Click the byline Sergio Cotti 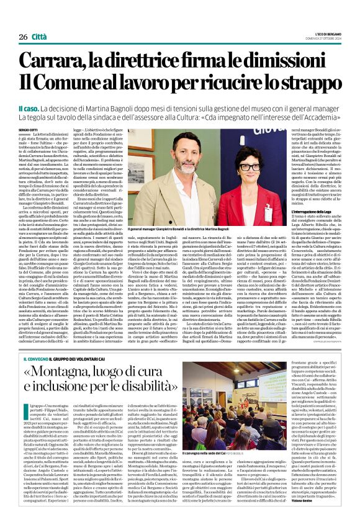click(29, 129)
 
